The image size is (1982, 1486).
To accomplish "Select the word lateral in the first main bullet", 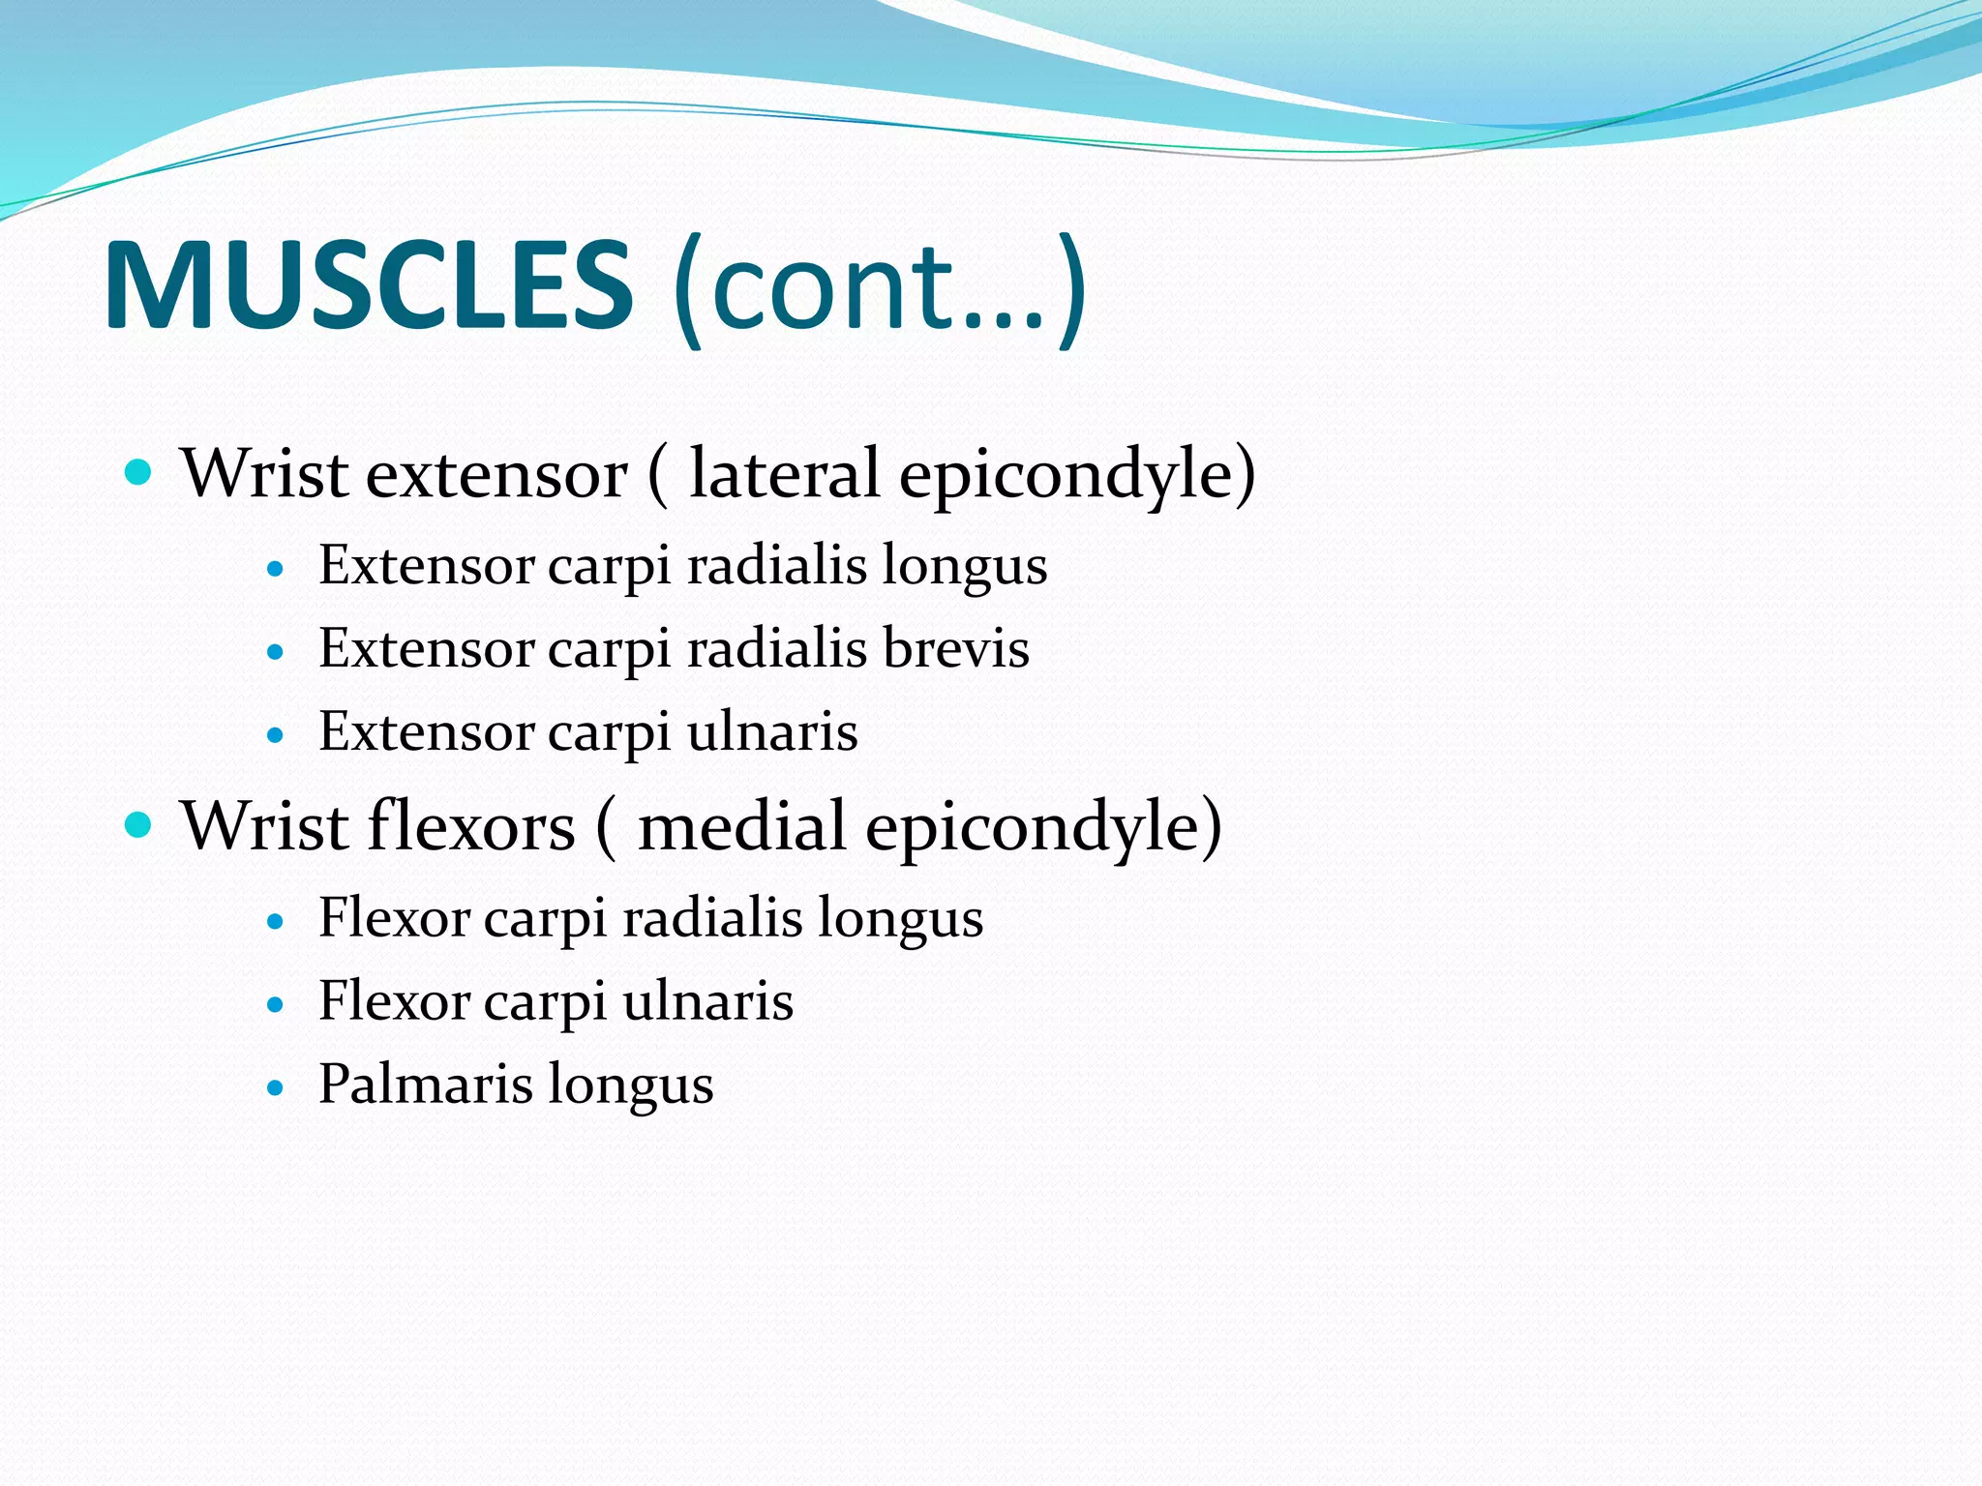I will (784, 474).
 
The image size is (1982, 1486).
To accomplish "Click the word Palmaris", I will (426, 1084).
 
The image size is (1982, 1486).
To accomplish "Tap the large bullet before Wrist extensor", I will (139, 473).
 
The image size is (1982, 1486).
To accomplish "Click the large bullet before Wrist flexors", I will (139, 825).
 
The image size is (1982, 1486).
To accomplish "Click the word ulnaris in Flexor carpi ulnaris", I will (707, 1000).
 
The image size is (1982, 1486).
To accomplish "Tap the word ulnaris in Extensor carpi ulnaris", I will (772, 731).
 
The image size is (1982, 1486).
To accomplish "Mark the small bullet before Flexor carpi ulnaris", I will (276, 1005).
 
